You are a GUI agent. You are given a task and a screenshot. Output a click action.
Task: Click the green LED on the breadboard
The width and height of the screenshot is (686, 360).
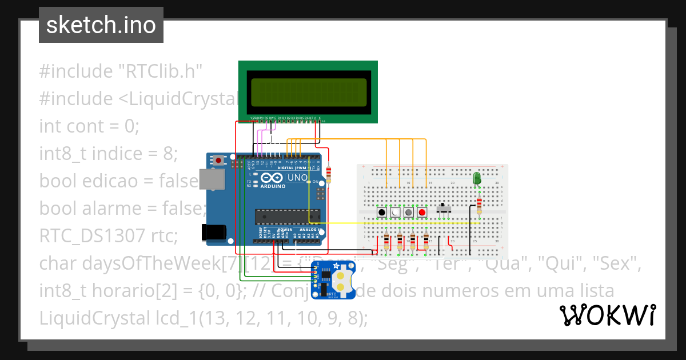pos(477,179)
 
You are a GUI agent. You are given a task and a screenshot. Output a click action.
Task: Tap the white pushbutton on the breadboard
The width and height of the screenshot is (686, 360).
pos(395,213)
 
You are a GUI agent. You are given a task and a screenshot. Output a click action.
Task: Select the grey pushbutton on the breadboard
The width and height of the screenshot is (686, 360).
pos(409,213)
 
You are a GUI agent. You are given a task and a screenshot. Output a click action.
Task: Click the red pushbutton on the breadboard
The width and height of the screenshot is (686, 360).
pos(422,213)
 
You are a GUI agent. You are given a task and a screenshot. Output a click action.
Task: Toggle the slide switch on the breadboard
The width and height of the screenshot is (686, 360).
pos(444,209)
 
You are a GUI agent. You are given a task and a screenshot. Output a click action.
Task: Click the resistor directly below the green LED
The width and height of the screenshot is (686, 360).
pos(478,205)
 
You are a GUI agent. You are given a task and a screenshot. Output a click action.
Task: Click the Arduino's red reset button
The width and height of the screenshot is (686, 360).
pos(218,161)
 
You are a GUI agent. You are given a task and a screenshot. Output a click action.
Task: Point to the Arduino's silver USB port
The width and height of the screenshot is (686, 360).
pos(212,179)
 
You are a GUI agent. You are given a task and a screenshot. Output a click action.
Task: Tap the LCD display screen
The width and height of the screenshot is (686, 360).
pos(308,91)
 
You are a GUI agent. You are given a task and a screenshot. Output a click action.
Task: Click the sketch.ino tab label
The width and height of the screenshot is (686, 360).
pos(101,25)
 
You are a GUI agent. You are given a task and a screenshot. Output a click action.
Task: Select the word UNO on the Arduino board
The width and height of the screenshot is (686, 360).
pos(297,179)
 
